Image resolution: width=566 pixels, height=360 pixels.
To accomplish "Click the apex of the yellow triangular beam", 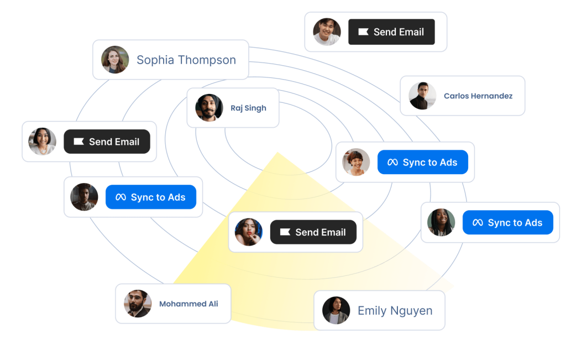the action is click(277, 153).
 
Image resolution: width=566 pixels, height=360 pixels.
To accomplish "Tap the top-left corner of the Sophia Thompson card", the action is click(93, 40).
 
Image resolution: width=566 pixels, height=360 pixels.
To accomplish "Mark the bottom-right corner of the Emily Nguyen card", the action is click(445, 330).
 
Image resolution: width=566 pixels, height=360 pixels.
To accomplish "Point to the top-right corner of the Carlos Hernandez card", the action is click(525, 76).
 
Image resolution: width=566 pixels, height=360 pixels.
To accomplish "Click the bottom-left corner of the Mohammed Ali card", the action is click(116, 323).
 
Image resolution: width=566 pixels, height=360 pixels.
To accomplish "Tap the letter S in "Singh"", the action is click(247, 108).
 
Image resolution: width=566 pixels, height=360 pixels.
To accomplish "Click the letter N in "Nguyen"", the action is click(394, 311).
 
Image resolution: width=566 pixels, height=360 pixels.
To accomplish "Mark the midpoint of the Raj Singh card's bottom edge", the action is click(233, 127).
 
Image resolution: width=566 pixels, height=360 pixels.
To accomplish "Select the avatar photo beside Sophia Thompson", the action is click(115, 60).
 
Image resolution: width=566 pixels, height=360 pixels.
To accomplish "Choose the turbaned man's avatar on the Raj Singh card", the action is click(209, 108).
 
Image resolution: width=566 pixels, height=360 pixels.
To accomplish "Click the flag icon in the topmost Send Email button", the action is click(363, 32).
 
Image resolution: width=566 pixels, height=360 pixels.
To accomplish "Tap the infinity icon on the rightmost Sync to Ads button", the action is click(478, 222).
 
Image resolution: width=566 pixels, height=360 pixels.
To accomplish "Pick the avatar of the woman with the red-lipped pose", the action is click(249, 232).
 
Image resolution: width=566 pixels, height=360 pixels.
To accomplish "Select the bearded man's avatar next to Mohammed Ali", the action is click(138, 304).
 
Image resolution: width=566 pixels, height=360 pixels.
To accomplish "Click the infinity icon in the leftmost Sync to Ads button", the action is click(120, 197).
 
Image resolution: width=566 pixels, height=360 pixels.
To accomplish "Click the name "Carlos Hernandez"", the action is click(478, 96).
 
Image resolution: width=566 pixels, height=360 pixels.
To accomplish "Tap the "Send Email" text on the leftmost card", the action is click(114, 142).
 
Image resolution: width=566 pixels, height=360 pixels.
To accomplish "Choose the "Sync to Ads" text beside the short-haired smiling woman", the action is click(430, 162).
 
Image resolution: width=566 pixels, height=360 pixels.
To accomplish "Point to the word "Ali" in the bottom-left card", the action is click(213, 304).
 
